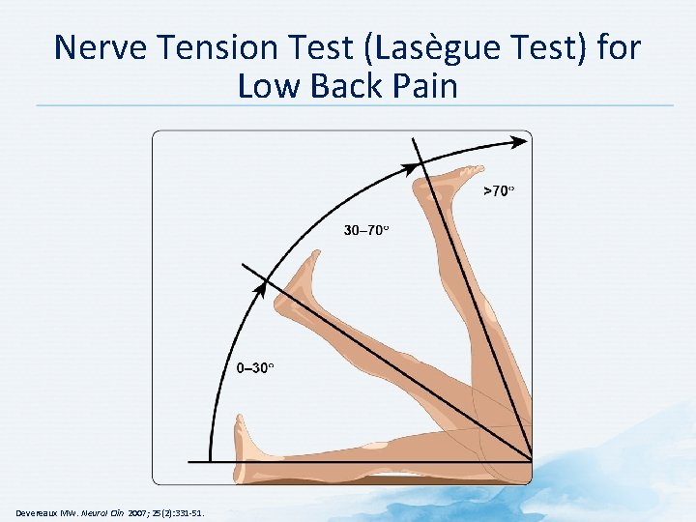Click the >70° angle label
click(x=498, y=190)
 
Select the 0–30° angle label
click(x=255, y=368)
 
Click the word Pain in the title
click(x=423, y=87)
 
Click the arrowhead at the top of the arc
click(x=520, y=141)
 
